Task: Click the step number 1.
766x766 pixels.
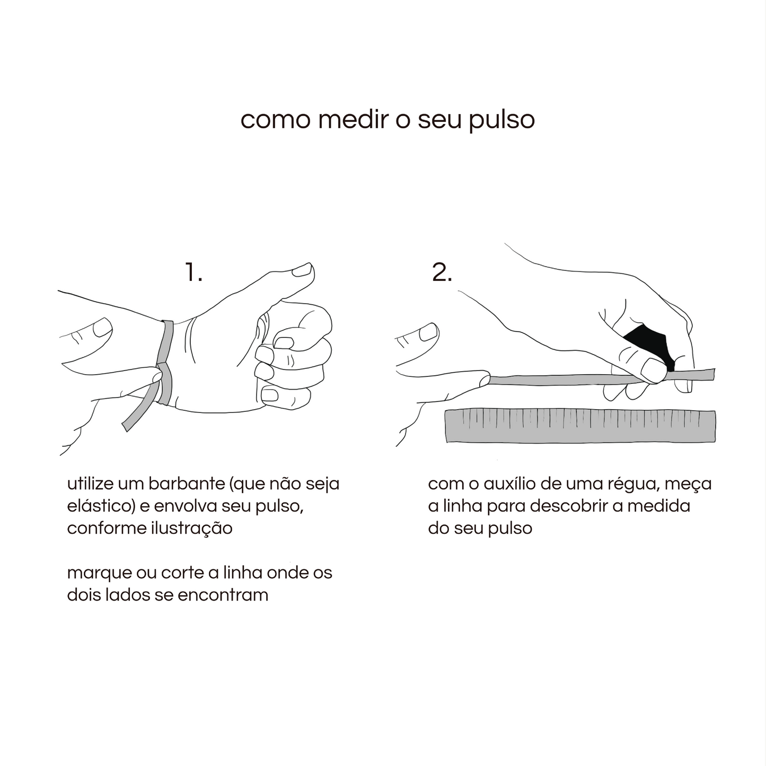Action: [x=193, y=272]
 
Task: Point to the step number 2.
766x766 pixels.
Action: [x=442, y=272]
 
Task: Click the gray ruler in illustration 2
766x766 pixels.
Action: [x=580, y=426]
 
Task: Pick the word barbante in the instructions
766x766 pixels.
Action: [x=180, y=484]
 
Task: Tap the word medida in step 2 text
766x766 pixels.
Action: [x=659, y=506]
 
